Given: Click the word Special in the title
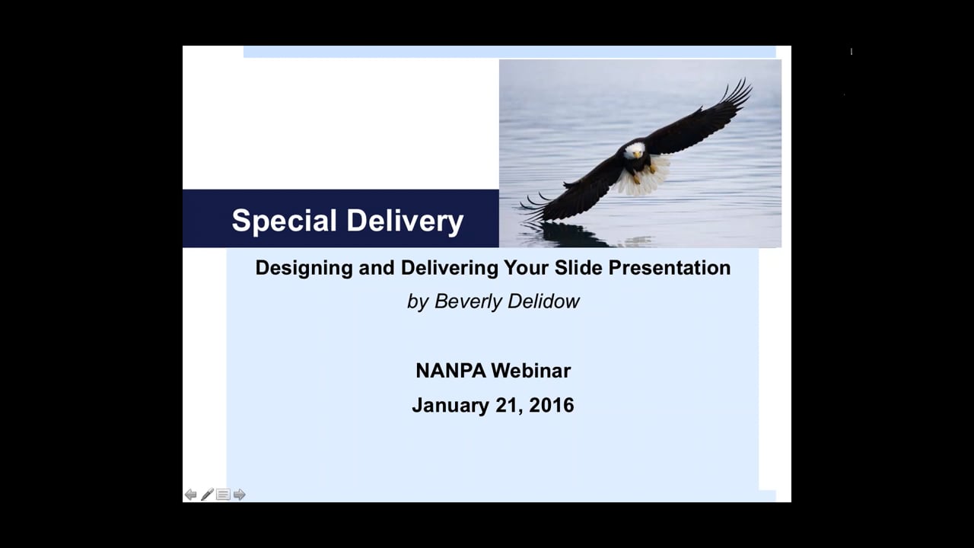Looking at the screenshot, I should [284, 221].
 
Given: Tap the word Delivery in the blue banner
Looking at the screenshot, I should [406, 221].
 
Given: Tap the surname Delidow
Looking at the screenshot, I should [544, 301].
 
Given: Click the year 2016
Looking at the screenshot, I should [552, 405].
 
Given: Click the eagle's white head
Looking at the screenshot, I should [634, 151].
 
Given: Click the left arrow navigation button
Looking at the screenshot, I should [190, 495].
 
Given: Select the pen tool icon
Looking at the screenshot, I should [207, 495].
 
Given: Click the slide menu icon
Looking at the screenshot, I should [223, 495].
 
